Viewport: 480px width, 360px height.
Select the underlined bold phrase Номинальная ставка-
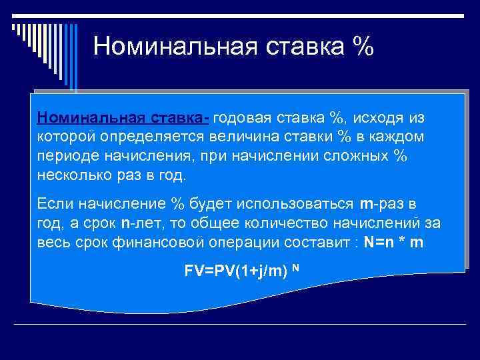point(124,118)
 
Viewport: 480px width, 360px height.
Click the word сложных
point(352,155)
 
